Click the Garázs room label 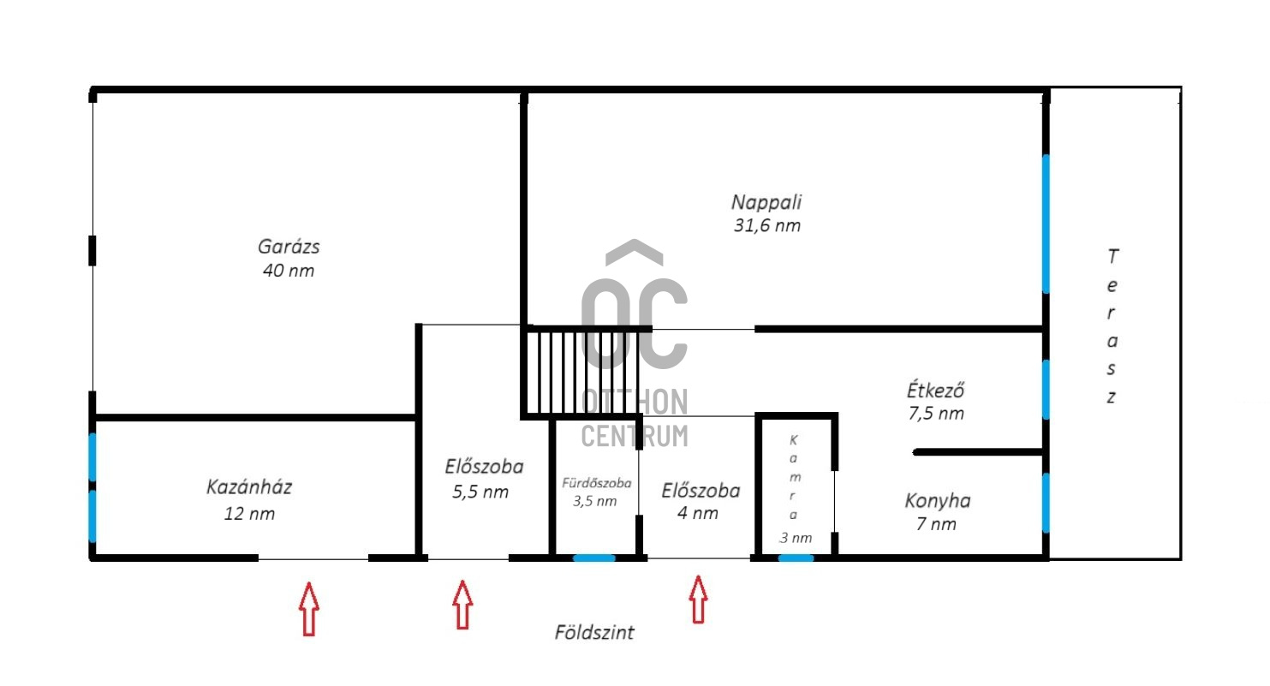[289, 247]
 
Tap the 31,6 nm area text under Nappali [767, 225]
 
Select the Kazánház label [249, 487]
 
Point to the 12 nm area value [249, 514]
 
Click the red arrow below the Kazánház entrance [309, 608]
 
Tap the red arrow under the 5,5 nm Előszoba [462, 605]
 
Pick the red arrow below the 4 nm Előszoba [699, 600]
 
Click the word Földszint [594, 632]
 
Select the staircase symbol [582, 373]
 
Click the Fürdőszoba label [596, 483]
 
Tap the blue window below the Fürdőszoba [594, 558]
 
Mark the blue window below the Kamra [796, 558]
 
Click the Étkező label [935, 390]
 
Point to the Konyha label [938, 501]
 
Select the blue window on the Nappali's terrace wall [1046, 224]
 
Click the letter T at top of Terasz [1113, 256]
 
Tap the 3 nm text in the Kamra [796, 538]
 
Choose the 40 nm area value [289, 271]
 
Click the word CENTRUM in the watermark [635, 436]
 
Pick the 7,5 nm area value [936, 414]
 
